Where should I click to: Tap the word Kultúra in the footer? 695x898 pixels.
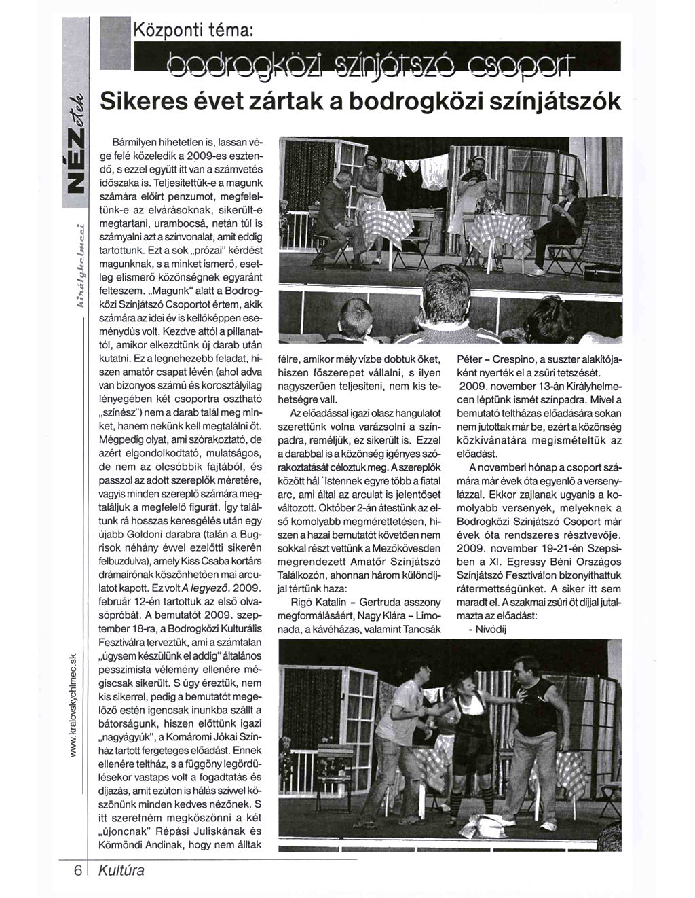pos(121,870)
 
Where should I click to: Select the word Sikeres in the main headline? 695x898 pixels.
pos(139,102)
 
